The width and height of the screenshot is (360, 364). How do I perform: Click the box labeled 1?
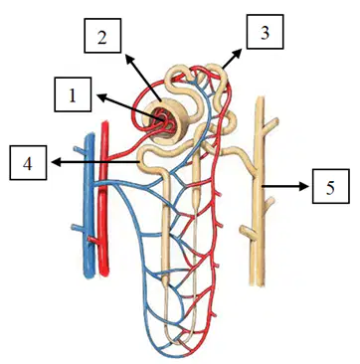(x=73, y=94)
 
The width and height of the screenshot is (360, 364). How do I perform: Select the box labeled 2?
(x=102, y=36)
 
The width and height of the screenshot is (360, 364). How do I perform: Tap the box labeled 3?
(x=265, y=32)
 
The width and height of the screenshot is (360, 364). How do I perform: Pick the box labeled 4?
(x=28, y=163)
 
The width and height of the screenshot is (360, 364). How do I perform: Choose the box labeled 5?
(x=330, y=186)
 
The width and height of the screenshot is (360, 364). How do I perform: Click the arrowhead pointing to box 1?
(x=101, y=96)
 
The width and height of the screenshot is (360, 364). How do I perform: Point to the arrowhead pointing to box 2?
(x=129, y=60)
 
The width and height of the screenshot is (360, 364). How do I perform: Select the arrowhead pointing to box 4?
(x=57, y=162)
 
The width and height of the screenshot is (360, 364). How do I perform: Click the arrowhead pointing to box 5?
(x=305, y=187)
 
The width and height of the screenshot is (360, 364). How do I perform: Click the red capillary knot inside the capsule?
(x=163, y=121)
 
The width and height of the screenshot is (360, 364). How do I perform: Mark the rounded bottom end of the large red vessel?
(x=103, y=273)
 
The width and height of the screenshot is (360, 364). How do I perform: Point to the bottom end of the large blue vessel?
(x=90, y=274)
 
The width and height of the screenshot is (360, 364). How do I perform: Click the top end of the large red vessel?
(x=105, y=123)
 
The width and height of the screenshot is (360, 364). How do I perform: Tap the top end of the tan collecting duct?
(x=261, y=98)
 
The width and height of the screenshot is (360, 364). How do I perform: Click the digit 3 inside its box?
(x=265, y=33)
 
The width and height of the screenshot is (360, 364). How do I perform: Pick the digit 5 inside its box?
(x=330, y=188)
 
